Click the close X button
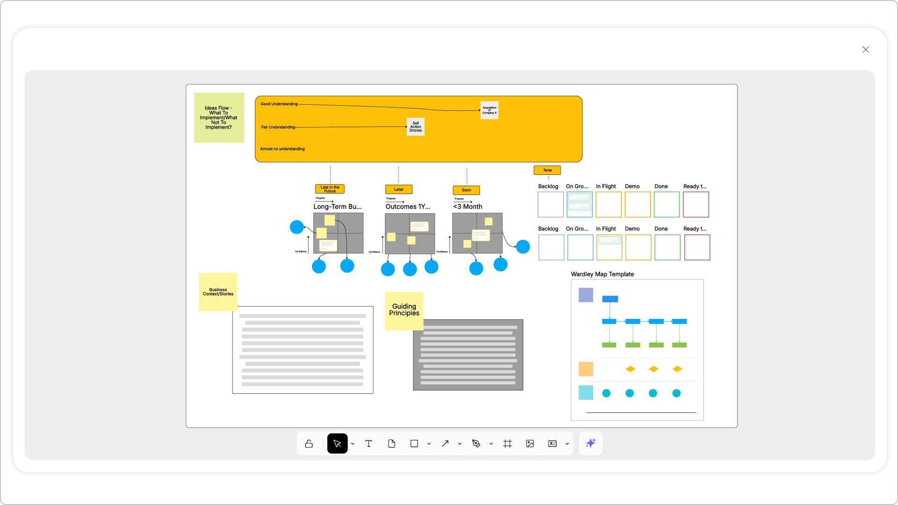point(866,50)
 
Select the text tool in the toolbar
point(369,444)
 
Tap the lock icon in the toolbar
point(309,444)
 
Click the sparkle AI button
point(591,443)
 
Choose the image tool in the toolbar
point(530,444)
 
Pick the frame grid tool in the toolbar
point(507,444)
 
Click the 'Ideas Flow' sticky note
point(219,117)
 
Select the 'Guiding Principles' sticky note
point(404,310)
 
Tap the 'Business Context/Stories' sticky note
point(218,292)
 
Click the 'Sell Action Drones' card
point(415,127)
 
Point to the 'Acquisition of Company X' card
point(489,110)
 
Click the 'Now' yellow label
point(547,170)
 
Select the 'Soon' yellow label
point(466,190)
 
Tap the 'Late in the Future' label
point(330,189)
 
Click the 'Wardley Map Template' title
point(602,274)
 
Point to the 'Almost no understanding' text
point(282,149)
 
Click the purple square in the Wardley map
point(586,295)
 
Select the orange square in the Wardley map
point(586,369)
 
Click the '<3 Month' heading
point(468,207)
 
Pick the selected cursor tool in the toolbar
point(337,444)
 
